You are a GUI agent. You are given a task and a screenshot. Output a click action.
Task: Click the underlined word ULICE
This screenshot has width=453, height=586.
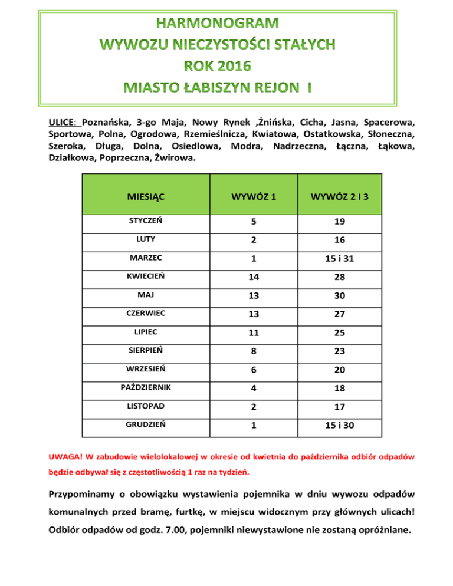63,124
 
